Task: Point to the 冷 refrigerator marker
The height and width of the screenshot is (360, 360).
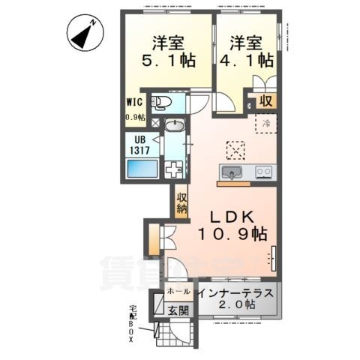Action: point(265,124)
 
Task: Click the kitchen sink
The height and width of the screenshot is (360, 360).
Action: point(232,174)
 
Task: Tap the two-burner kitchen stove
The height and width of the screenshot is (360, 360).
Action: point(263,173)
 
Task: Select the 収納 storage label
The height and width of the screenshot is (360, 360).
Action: point(181,203)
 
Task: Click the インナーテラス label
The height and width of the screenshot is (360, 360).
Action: point(237,291)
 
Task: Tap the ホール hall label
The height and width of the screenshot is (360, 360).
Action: point(177,290)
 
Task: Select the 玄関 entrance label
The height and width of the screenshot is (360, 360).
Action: point(178,309)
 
